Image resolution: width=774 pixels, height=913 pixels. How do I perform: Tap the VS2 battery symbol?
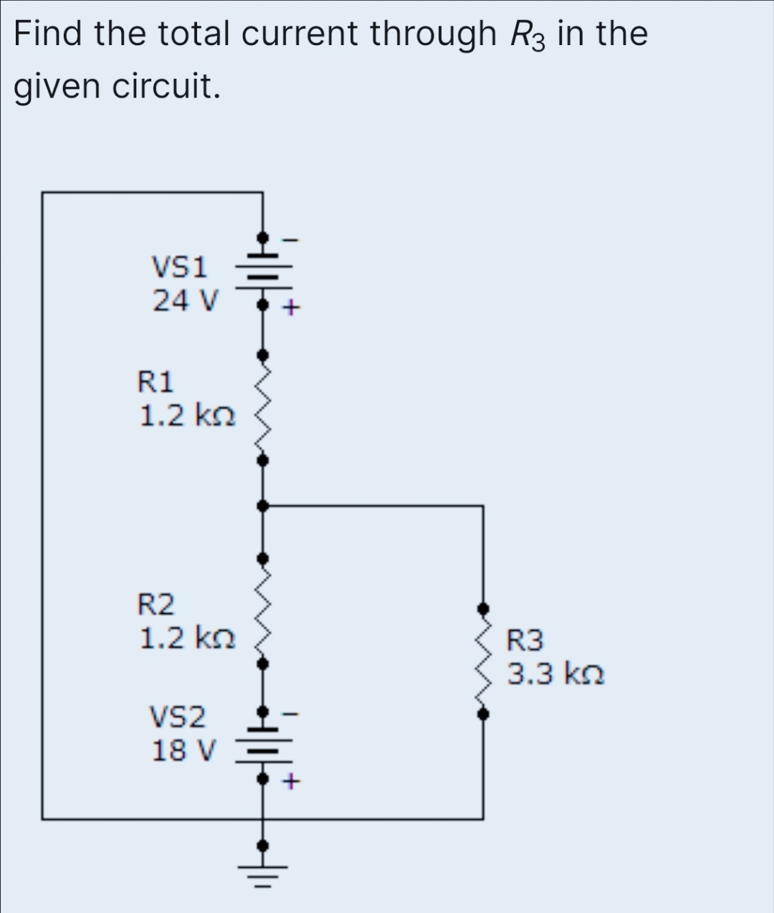(x=262, y=746)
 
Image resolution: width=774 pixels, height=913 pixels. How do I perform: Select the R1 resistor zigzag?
(x=262, y=407)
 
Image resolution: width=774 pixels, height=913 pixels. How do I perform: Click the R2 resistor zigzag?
(x=262, y=611)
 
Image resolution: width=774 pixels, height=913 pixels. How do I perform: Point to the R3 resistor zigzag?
(x=484, y=661)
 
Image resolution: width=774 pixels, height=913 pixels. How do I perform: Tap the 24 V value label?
(x=183, y=300)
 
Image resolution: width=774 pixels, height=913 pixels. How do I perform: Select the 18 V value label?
(x=183, y=750)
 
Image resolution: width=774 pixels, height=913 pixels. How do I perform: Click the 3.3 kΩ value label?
(x=555, y=674)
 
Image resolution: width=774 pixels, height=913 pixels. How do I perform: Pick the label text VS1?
(x=179, y=267)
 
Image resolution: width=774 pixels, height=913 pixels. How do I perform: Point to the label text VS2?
(x=177, y=716)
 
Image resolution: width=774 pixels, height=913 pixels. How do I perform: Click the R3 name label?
(x=525, y=640)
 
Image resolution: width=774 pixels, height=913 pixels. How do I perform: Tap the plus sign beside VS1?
(x=290, y=309)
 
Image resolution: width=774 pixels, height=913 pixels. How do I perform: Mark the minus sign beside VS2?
(x=290, y=714)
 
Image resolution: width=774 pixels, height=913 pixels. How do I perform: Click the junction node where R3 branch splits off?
(x=262, y=506)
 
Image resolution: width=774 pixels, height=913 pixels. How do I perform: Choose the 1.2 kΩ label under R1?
(x=186, y=415)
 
